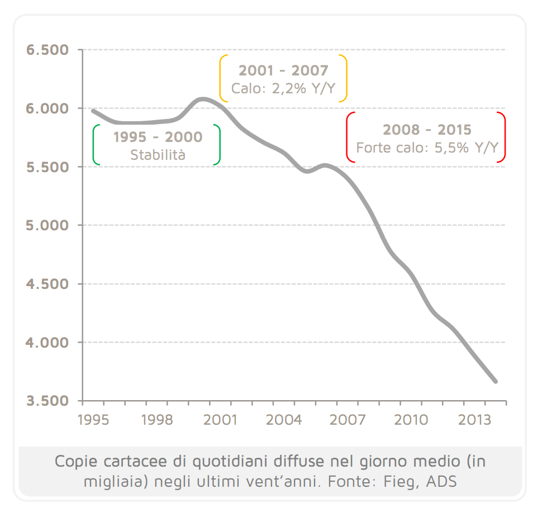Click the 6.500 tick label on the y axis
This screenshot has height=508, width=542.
tap(47, 50)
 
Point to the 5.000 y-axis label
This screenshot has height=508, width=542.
tap(47, 226)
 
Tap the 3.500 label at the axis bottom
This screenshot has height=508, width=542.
tap(47, 401)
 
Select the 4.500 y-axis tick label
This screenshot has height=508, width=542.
tap(47, 284)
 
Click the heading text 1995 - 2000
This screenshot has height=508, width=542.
tap(158, 137)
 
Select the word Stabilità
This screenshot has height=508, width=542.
tap(158, 155)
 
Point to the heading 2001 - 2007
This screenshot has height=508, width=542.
tap(283, 71)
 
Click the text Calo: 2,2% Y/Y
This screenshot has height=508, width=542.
tap(283, 88)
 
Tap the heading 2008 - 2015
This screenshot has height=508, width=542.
tap(427, 130)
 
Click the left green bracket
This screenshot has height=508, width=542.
tap(96, 145)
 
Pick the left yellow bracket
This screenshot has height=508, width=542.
tap(223, 78)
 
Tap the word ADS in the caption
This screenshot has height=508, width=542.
tap(441, 481)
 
